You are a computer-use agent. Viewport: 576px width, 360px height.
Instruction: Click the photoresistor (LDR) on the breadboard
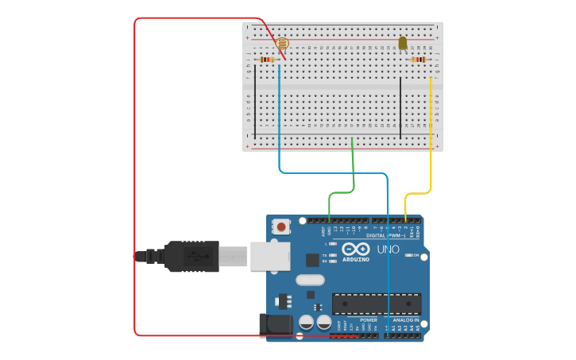(282, 45)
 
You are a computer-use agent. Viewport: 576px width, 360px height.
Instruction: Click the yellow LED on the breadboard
(403, 43)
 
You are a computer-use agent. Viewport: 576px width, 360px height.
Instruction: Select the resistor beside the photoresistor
(267, 60)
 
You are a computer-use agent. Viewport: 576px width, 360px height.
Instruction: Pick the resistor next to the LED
(419, 60)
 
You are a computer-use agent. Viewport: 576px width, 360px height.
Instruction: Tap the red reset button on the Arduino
(280, 226)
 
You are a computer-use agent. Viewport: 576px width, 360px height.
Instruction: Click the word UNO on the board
(387, 250)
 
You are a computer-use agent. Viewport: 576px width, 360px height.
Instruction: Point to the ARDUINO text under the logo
(356, 260)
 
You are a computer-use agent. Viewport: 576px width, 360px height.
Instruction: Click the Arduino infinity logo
(356, 249)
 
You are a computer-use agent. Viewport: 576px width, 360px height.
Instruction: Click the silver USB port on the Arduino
(269, 256)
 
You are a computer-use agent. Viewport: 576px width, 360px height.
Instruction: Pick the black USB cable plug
(191, 256)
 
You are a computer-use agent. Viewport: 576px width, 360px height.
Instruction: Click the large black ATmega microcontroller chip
(377, 304)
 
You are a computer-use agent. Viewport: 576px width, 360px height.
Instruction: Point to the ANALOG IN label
(405, 320)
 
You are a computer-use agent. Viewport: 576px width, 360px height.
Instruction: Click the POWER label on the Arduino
(346, 320)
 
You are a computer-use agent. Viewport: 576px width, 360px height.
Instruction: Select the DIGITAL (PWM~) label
(386, 235)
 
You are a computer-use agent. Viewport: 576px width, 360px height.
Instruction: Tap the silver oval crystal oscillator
(310, 280)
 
